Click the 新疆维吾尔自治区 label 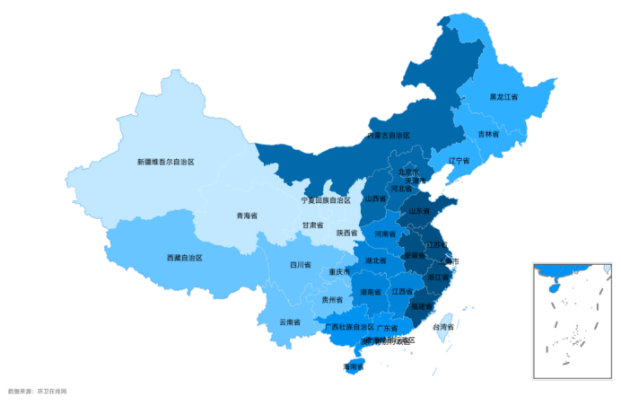[165, 162]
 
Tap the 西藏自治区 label [184, 258]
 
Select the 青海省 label [246, 216]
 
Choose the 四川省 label [300, 265]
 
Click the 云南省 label [289, 322]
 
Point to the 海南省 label [354, 366]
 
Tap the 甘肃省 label [312, 225]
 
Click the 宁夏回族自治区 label [326, 200]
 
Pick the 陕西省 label [347, 233]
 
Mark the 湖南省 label [371, 292]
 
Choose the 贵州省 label [333, 299]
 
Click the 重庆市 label [339, 272]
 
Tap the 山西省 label [375, 199]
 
